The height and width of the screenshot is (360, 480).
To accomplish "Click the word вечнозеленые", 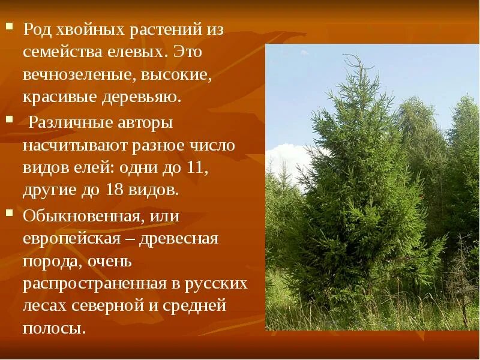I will coord(70,74).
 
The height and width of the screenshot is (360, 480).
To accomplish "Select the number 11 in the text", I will coord(196,168).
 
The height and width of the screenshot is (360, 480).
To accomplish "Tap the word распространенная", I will coord(94,283).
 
